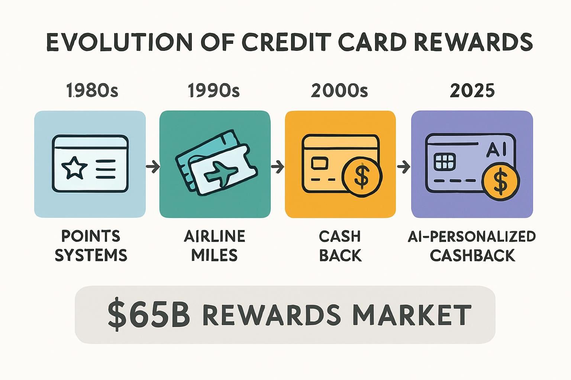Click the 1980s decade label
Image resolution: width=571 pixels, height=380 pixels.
92,91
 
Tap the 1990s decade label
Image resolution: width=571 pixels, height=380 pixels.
214,91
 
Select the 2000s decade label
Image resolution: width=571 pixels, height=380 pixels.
339,91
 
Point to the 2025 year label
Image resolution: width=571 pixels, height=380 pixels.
472,91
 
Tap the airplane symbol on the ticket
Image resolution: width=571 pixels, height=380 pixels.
221,174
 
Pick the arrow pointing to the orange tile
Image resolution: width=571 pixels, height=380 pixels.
277,167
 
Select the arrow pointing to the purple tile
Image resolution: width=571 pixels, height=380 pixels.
403,167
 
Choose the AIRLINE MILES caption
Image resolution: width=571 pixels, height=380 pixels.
214,246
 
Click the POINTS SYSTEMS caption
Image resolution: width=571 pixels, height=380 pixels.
91,246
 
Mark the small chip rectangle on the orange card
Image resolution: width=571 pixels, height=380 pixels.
319,163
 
